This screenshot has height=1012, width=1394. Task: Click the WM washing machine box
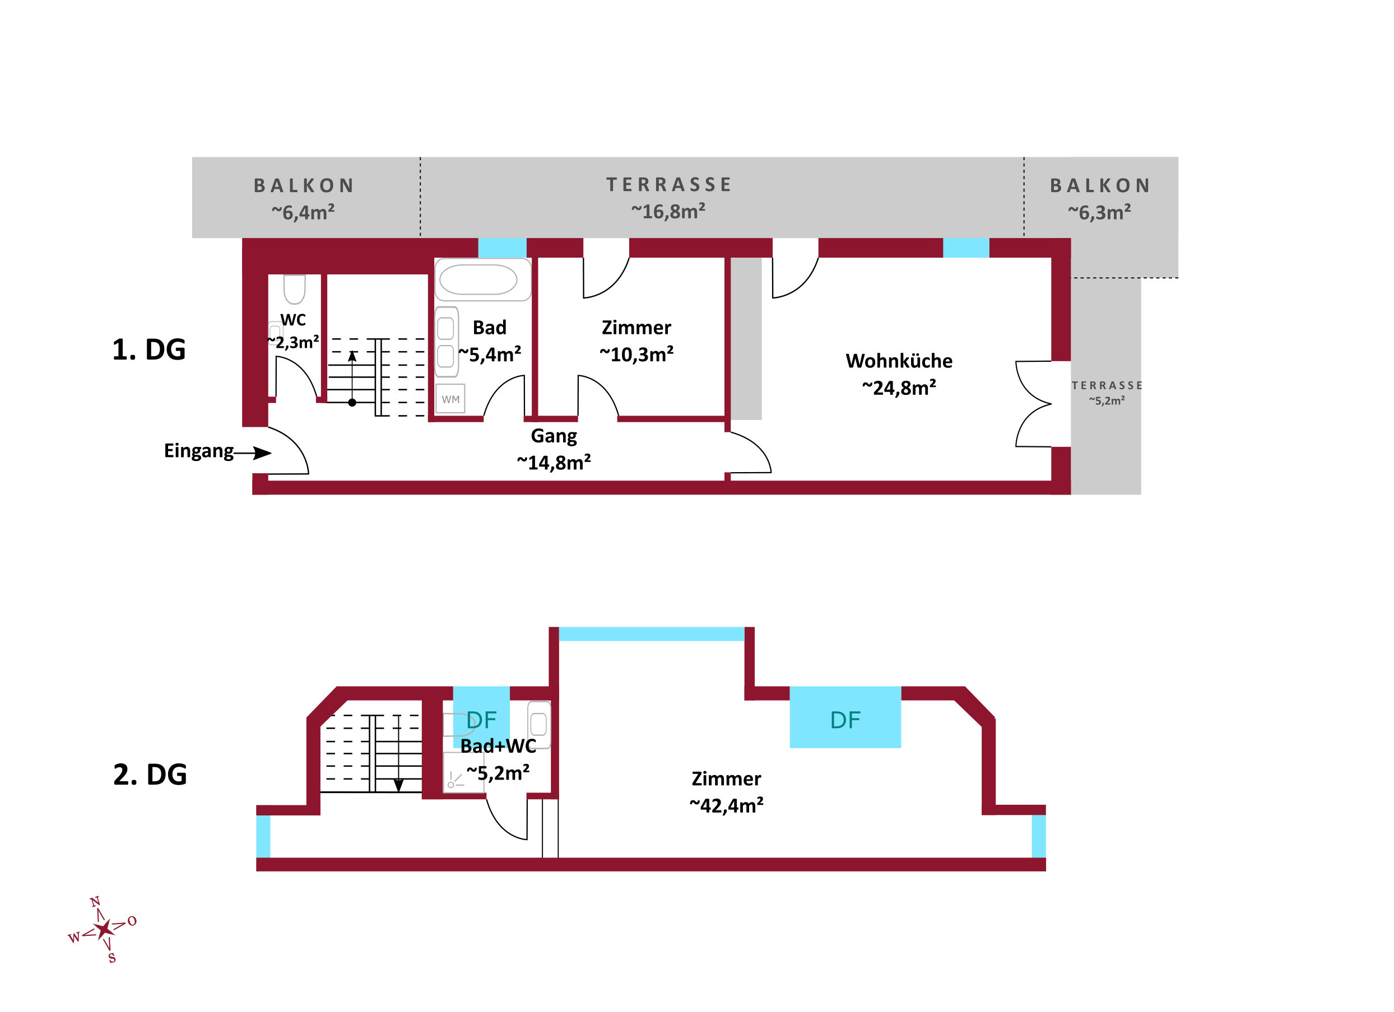[450, 399]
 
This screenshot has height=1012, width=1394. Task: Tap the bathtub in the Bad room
[478, 280]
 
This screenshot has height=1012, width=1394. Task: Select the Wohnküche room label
[899, 374]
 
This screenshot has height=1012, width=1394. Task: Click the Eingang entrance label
[198, 450]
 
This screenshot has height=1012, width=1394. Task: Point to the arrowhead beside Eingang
[262, 454]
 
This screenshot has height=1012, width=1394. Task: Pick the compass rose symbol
[103, 929]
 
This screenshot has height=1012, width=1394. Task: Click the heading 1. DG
[148, 349]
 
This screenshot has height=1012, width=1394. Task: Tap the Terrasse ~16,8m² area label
[669, 198]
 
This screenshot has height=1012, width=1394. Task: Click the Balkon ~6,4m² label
[304, 199]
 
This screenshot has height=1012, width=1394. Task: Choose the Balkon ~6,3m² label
[1100, 199]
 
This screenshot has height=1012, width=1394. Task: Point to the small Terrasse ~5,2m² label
[1107, 392]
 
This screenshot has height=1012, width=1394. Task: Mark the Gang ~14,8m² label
[554, 449]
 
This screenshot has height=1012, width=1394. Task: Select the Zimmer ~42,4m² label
[726, 791]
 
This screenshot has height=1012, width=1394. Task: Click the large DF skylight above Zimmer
[845, 717]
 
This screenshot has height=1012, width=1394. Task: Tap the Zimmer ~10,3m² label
[636, 341]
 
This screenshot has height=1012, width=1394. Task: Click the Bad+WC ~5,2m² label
[498, 759]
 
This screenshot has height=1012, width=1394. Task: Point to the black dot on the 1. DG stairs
[352, 403]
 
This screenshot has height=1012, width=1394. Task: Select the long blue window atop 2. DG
[652, 633]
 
